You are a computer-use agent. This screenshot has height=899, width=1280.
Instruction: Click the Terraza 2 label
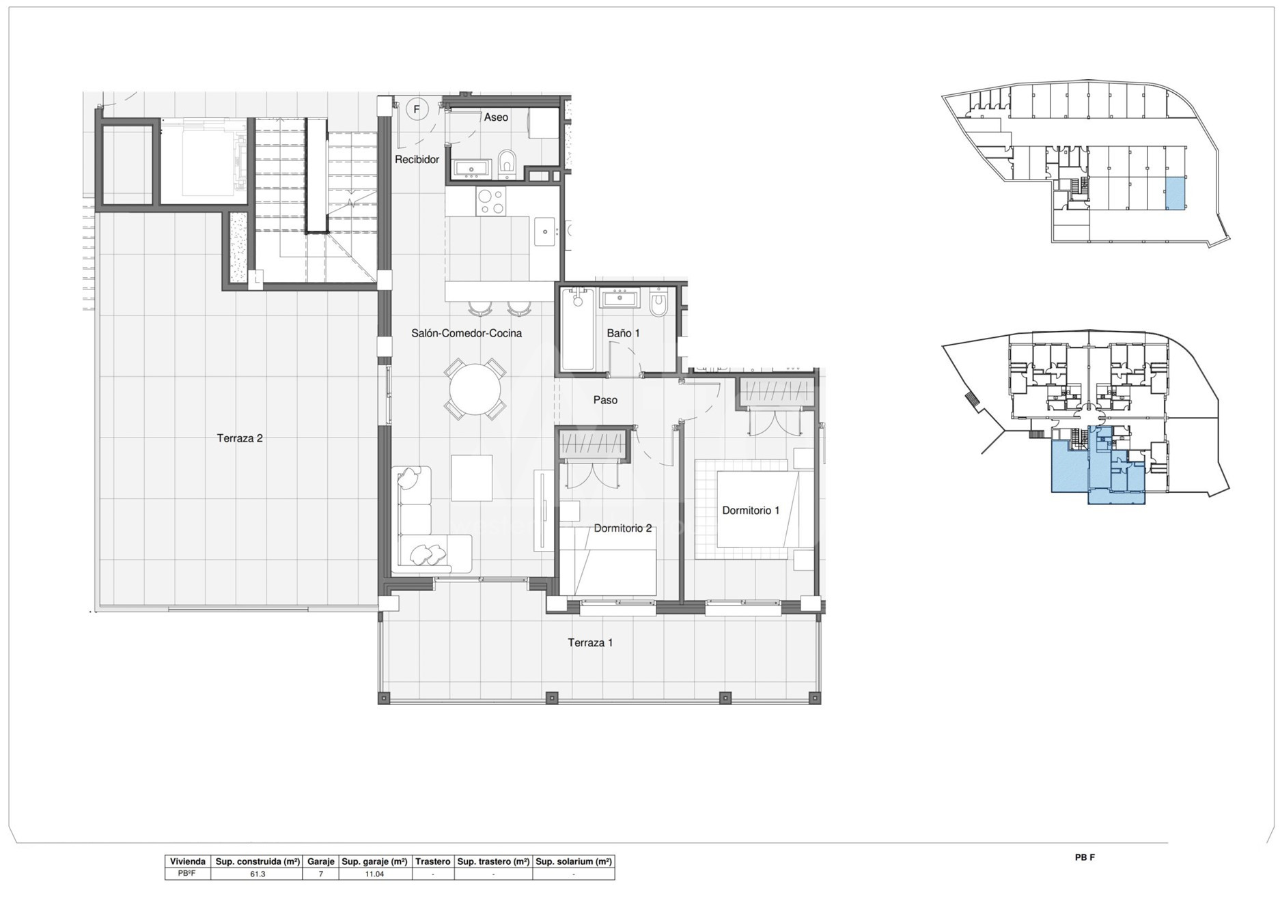click(240, 438)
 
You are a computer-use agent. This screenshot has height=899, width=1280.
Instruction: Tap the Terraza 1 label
click(590, 642)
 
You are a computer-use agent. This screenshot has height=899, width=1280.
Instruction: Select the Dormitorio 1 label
click(751, 511)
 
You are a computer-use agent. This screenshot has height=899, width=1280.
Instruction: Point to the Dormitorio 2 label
click(622, 528)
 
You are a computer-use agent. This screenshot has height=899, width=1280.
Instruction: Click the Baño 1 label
click(623, 333)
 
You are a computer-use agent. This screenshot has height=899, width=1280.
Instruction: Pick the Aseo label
click(496, 117)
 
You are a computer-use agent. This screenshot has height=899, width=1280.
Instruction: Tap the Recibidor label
click(417, 160)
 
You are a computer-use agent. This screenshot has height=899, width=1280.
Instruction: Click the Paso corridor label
click(605, 400)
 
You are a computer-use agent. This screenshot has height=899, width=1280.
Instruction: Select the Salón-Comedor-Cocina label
click(467, 333)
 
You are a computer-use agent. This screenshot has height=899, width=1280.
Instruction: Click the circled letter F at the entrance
click(417, 109)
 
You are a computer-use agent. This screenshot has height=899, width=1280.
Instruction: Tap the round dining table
click(475, 389)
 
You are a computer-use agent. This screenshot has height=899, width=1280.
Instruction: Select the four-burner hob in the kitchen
click(490, 201)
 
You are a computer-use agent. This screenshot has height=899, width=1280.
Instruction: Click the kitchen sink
click(544, 231)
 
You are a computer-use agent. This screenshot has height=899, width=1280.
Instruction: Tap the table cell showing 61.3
click(257, 874)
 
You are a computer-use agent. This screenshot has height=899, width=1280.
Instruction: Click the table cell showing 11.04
click(374, 874)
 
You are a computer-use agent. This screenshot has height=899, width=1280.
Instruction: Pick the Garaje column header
click(321, 861)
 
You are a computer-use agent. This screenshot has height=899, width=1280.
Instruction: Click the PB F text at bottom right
click(1085, 857)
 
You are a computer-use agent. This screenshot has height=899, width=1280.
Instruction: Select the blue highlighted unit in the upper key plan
click(1174, 193)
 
